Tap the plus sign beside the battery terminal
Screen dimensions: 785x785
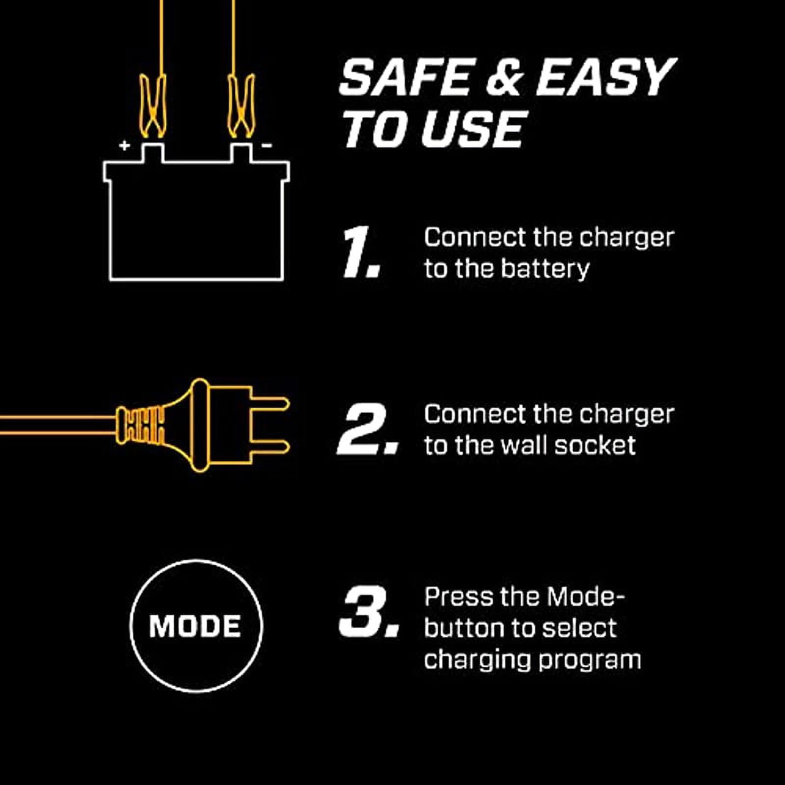pos(125,145)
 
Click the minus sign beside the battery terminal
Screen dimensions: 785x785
pos(267,145)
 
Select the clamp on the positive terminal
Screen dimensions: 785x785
pos(153,105)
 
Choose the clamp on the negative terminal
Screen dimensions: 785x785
pos(241,105)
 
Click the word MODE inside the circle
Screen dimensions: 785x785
pos(195,627)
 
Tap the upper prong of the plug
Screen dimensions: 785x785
pos(270,404)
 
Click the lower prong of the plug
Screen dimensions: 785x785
pos(270,447)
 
